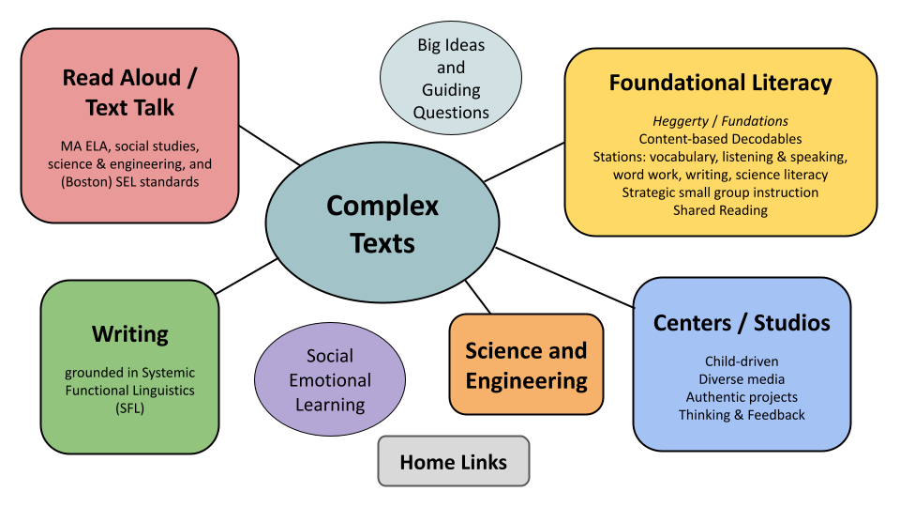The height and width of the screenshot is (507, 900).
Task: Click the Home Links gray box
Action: pyautogui.click(x=454, y=462)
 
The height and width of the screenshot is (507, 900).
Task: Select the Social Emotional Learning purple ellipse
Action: pyautogui.click(x=330, y=380)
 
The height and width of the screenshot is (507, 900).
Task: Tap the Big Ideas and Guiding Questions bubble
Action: pyautogui.click(x=451, y=79)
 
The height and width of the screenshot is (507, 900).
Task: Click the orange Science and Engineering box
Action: pyautogui.click(x=526, y=365)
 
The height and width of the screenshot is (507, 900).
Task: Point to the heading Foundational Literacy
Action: pyautogui.click(x=720, y=83)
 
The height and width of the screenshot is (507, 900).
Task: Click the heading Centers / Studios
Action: pyautogui.click(x=742, y=323)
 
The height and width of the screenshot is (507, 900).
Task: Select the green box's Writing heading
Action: pyautogui.click(x=130, y=333)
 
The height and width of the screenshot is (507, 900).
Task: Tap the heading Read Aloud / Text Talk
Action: pyautogui.click(x=130, y=92)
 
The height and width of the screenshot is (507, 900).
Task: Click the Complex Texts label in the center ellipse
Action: pyautogui.click(x=382, y=223)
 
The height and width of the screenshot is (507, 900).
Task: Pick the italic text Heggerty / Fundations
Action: pyautogui.click(x=720, y=121)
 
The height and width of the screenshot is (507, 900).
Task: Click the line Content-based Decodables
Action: pyautogui.click(x=720, y=139)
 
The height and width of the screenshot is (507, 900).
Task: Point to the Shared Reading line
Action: pyautogui.click(x=720, y=210)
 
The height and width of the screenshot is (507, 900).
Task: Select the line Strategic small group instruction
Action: pyautogui.click(x=720, y=192)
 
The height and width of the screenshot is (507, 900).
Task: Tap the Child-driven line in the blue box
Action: pyautogui.click(x=742, y=361)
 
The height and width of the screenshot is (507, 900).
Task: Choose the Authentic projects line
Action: pyautogui.click(x=742, y=397)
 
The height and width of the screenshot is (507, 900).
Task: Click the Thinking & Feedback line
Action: pyautogui.click(x=742, y=415)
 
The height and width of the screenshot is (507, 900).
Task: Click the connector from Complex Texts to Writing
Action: pyautogui.click(x=246, y=277)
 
